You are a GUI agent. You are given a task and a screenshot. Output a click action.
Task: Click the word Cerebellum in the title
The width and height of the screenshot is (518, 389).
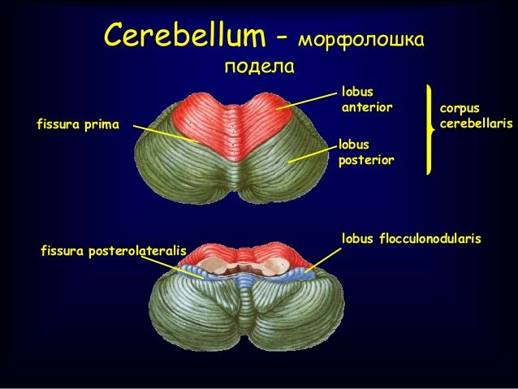pyautogui.click(x=184, y=36)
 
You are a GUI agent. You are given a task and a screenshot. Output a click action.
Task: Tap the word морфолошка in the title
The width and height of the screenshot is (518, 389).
pyautogui.click(x=362, y=38)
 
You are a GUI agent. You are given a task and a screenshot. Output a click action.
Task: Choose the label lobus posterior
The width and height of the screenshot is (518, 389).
pyautogui.click(x=365, y=152)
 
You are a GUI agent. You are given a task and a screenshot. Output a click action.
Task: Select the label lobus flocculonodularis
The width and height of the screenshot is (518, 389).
pyautogui.click(x=412, y=239)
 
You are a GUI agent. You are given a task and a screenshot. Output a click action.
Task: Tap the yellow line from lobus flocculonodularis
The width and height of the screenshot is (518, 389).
pyautogui.click(x=322, y=257)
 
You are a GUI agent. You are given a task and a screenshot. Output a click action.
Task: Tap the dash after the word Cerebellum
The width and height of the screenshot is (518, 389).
pyautogui.click(x=281, y=37)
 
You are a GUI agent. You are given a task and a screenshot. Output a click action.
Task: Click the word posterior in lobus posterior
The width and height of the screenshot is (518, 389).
pyautogui.click(x=365, y=160)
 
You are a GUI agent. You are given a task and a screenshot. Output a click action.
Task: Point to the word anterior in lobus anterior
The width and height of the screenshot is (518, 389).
pyautogui.click(x=367, y=107)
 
